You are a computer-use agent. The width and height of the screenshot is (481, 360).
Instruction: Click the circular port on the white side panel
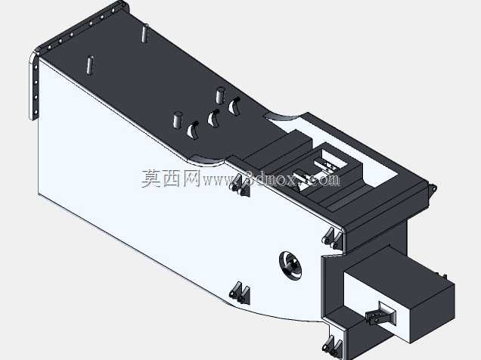click(290, 265)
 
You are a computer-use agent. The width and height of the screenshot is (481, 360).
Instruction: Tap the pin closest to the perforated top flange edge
click(145, 33)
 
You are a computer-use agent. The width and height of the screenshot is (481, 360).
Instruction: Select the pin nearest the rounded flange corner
click(89, 65)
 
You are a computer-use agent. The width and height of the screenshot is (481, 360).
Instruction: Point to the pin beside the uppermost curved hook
click(220, 95)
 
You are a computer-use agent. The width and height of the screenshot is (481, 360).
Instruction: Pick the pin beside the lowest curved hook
click(178, 119)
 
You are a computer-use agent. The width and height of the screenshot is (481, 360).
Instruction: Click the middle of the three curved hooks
click(213, 118)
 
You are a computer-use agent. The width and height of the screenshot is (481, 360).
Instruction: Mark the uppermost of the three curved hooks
click(234, 106)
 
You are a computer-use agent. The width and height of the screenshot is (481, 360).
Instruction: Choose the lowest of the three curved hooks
click(193, 130)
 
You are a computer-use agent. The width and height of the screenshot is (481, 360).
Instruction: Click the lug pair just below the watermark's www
click(240, 185)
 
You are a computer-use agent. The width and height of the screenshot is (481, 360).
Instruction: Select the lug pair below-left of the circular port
click(240, 293)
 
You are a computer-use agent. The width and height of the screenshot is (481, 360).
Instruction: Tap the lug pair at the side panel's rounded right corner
click(333, 238)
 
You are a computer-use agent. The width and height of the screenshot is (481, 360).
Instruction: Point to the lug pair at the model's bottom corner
click(333, 346)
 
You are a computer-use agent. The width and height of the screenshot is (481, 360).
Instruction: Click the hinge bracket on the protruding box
click(380, 314)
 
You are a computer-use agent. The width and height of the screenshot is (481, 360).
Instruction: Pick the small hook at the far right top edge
click(433, 188)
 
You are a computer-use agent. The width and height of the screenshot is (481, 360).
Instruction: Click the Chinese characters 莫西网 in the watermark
click(171, 178)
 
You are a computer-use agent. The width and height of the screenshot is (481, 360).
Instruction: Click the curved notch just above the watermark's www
click(209, 159)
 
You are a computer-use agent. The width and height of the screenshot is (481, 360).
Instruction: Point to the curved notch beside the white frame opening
click(284, 116)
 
